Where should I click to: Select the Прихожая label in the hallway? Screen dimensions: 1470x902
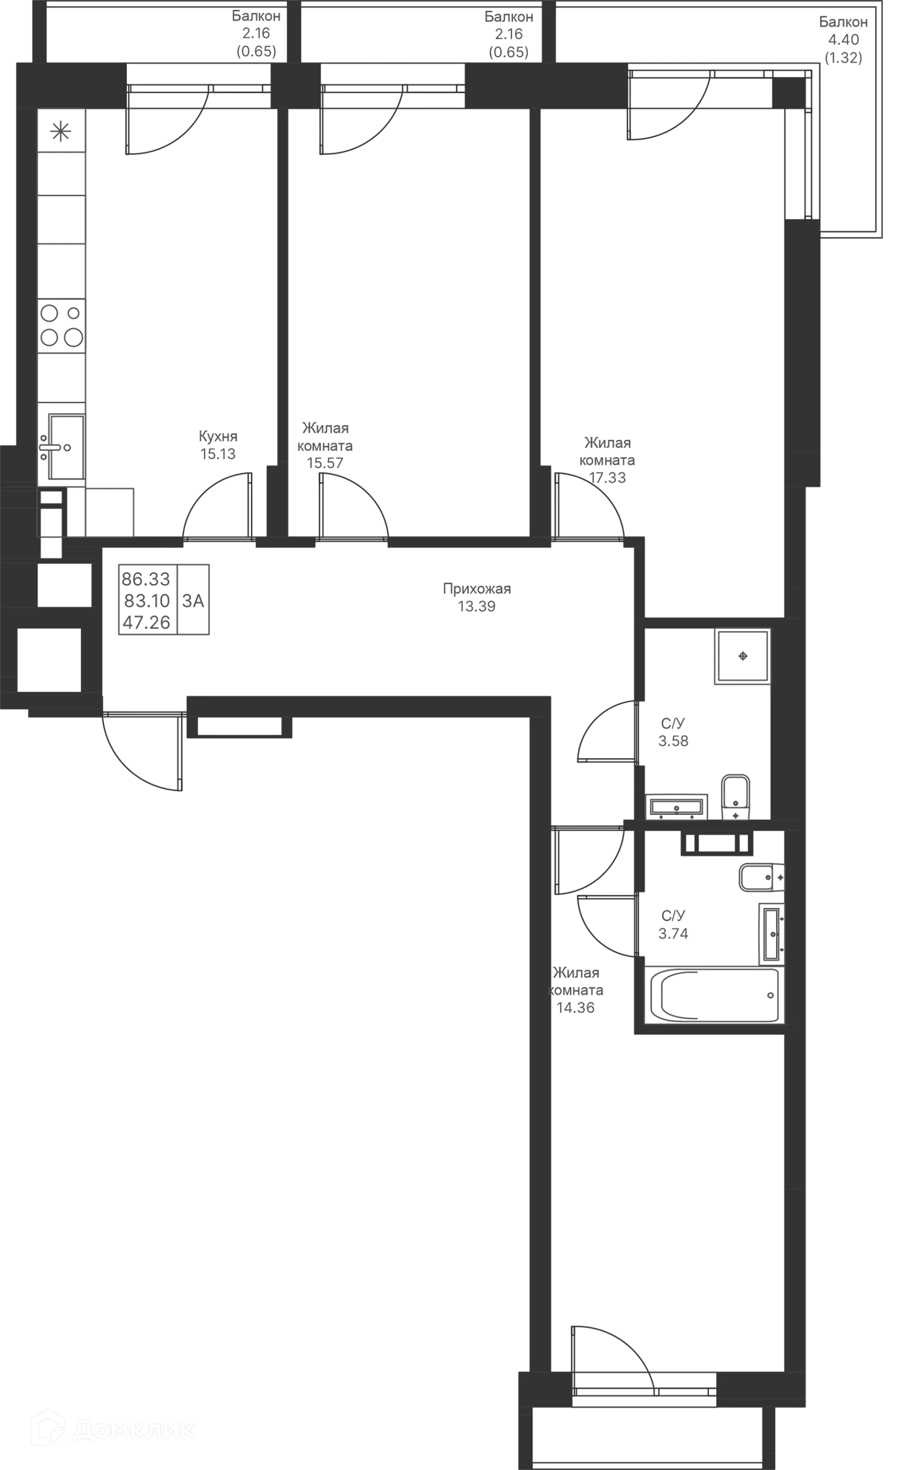[477, 589]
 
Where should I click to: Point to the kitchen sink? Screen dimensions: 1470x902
[66, 446]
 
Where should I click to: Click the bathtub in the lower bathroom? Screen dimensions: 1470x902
[713, 995]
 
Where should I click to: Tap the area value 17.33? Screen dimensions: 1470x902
[608, 478]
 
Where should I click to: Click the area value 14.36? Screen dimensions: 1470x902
[576, 1008]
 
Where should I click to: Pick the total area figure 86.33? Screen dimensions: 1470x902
[146, 579]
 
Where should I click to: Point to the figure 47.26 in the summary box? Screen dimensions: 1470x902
[146, 623]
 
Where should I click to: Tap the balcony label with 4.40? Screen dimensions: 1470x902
[844, 40]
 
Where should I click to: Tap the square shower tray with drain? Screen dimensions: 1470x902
[742, 656]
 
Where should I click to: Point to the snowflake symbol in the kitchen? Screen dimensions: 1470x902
[61, 131]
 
